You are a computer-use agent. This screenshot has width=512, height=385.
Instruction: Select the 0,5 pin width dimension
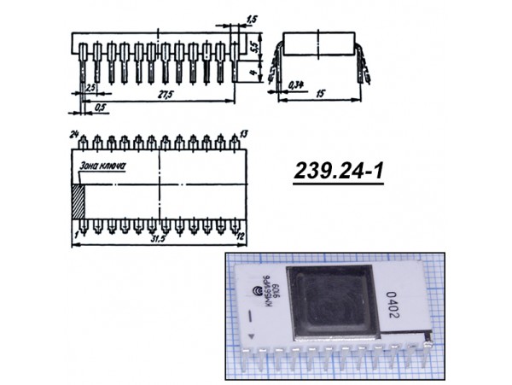click(101, 108)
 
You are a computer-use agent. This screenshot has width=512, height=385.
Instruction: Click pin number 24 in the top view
click(74, 134)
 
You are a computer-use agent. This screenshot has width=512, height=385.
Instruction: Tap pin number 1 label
click(76, 232)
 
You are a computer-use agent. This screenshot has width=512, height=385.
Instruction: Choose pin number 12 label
click(242, 234)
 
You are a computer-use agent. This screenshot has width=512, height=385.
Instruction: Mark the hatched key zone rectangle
click(79, 203)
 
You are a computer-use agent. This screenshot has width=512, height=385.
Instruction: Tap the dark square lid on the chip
click(329, 302)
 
